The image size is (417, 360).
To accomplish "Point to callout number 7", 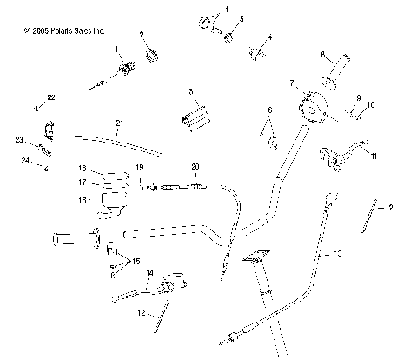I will [293, 83].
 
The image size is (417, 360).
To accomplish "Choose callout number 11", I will [374, 157].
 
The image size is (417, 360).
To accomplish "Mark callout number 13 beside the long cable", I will [338, 254].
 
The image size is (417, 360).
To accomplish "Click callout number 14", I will [149, 273].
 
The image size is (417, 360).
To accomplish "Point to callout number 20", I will [195, 165].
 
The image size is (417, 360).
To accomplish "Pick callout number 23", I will [18, 139].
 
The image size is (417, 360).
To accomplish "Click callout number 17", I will [83, 183].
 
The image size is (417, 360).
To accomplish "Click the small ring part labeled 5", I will [230, 37].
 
